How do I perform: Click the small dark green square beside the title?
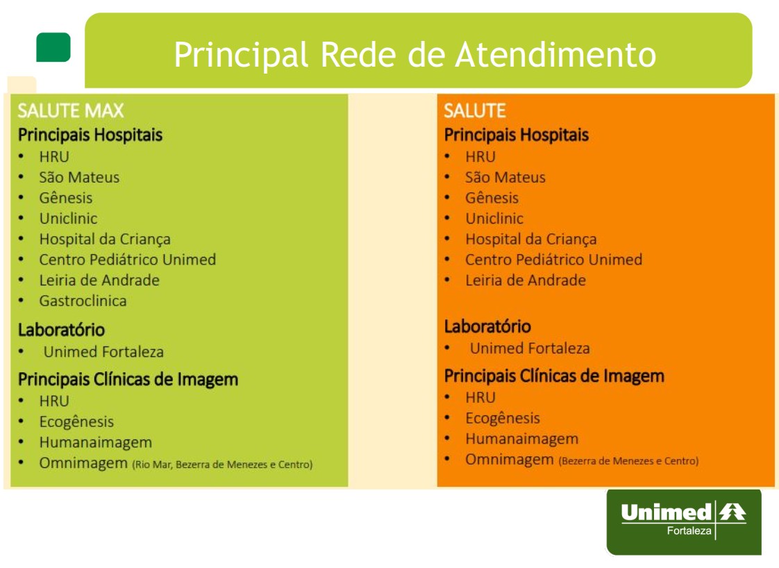click(x=53, y=47)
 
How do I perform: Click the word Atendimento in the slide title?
click(x=555, y=54)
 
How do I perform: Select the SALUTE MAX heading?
click(x=71, y=110)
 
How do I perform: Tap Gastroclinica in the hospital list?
click(x=83, y=301)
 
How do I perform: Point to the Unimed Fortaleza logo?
click(x=684, y=521)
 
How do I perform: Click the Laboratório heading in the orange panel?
click(x=487, y=326)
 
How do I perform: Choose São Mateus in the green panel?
click(x=79, y=177)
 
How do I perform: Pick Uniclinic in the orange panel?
click(x=494, y=218)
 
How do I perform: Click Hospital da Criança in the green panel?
click(x=105, y=239)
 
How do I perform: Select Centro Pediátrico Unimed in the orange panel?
click(x=553, y=260)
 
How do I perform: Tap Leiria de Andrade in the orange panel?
click(x=526, y=281)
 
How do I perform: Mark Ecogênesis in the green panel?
click(x=76, y=422)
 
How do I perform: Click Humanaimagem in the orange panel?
click(x=521, y=439)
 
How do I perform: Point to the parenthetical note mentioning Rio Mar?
click(x=222, y=465)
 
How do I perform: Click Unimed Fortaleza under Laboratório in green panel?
click(x=103, y=352)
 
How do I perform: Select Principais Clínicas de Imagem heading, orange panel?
click(x=554, y=376)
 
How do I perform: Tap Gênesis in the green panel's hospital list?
click(x=66, y=198)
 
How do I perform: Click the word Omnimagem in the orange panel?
click(x=509, y=460)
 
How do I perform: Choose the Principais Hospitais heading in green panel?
click(x=90, y=135)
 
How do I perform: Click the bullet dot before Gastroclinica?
click(x=21, y=301)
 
